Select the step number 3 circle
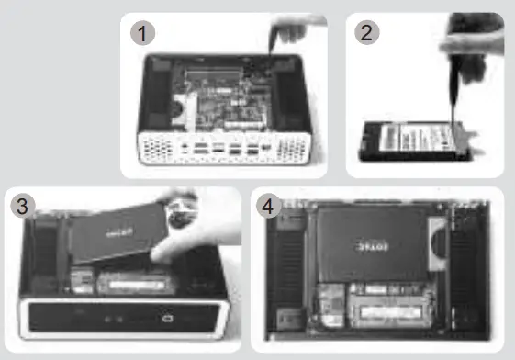(x=24, y=208)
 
